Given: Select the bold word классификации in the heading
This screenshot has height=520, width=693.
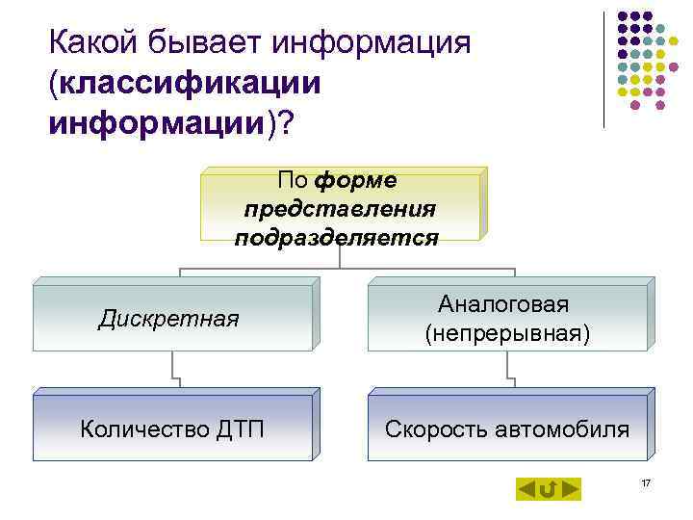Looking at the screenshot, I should point(190,84).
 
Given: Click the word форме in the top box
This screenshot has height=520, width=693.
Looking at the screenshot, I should point(362,180).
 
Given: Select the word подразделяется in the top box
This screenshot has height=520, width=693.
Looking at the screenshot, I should point(336,237).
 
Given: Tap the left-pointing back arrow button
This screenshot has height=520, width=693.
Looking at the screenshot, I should point(526,489).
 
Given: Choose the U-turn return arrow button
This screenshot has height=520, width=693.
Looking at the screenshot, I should point(548,489).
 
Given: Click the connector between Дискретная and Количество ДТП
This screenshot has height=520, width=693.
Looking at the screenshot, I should point(174,369).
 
